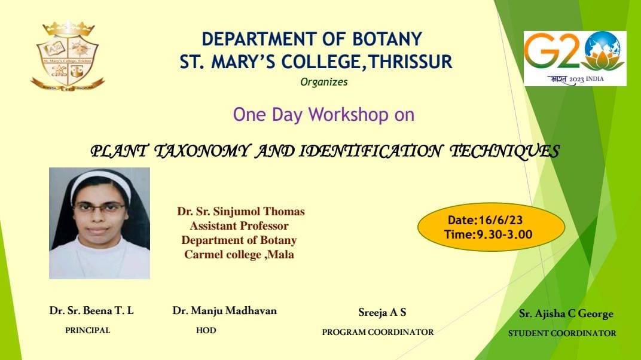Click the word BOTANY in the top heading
[387, 39]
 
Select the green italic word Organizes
[323, 82]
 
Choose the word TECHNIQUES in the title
[505, 151]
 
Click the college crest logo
[68, 56]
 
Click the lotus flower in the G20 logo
[603, 61]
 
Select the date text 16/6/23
[500, 220]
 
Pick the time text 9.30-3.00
[505, 234]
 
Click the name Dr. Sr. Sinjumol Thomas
[241, 212]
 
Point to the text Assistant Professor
[239, 226]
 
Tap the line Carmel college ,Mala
[239, 255]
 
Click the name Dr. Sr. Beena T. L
[91, 310]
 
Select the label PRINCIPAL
[87, 330]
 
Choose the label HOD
[206, 330]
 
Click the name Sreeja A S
[382, 313]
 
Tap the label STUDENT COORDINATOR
[562, 334]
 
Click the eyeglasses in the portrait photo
[99, 208]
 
